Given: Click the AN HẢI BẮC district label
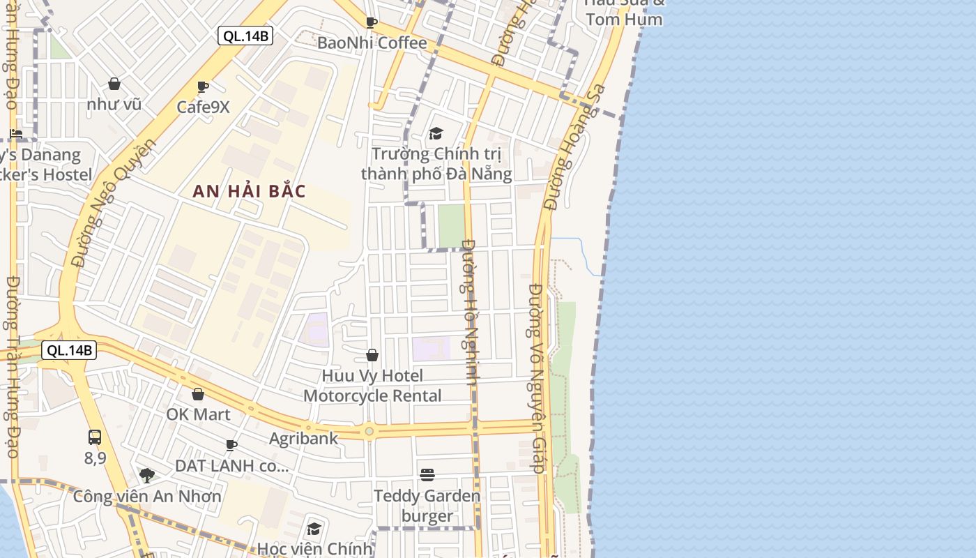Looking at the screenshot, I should (249, 191).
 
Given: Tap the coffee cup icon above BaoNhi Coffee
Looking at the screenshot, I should (372, 22).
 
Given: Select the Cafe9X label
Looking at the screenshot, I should (203, 107).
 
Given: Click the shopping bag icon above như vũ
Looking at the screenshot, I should (114, 84).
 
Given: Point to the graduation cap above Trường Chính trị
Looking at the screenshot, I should (436, 133).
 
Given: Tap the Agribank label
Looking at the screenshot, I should (303, 439).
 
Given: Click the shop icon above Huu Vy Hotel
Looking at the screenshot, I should (372, 356).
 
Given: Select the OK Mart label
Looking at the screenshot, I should (198, 414).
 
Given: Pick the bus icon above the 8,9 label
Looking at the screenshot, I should (95, 437).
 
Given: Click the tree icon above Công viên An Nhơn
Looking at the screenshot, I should (146, 476).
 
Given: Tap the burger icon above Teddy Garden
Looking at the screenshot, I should (427, 475).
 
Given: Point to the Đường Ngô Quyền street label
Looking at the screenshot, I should (112, 203).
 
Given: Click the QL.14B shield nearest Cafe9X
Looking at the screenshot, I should (245, 36).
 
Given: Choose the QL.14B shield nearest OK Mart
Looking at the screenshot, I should (68, 350).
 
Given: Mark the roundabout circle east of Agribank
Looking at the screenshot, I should (369, 432).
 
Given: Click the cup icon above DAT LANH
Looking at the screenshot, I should (231, 445).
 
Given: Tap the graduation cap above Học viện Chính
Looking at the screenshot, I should (314, 529).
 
